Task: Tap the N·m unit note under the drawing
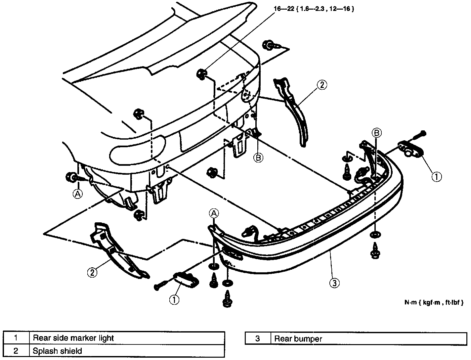[433, 302]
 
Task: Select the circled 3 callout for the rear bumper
[334, 283]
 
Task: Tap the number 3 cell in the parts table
[258, 338]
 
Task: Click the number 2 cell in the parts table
[16, 351]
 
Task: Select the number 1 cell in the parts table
[16, 338]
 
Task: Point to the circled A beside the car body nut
[77, 194]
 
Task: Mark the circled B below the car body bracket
[258, 158]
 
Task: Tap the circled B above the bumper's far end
[377, 133]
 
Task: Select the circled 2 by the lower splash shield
[92, 272]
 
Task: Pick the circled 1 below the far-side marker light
[437, 177]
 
